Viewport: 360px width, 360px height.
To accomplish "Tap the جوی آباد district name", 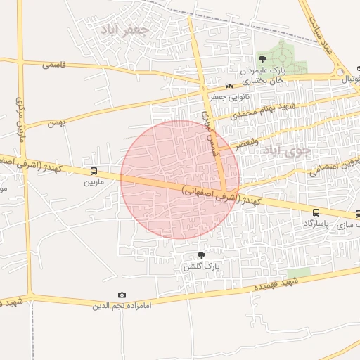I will pyautogui.click(x=280, y=149).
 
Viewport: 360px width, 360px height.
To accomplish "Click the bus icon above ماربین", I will pyautogui.click(x=94, y=172).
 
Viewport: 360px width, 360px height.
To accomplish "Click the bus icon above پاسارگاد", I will pyautogui.click(x=316, y=212).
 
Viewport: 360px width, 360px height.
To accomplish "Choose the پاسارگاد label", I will pyautogui.click(x=316, y=223).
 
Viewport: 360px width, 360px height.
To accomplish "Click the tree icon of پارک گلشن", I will pyautogui.click(x=202, y=255).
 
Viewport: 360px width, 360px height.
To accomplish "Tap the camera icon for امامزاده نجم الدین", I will pyautogui.click(x=122, y=295).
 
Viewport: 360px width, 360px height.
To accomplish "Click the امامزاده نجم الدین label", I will pyautogui.click(x=122, y=306).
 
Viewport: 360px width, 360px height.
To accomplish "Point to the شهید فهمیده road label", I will pyautogui.click(x=274, y=283).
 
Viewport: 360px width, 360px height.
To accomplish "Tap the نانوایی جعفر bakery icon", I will pyautogui.click(x=229, y=86).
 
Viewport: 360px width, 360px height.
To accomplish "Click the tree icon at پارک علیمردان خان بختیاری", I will pyautogui.click(x=262, y=59).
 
